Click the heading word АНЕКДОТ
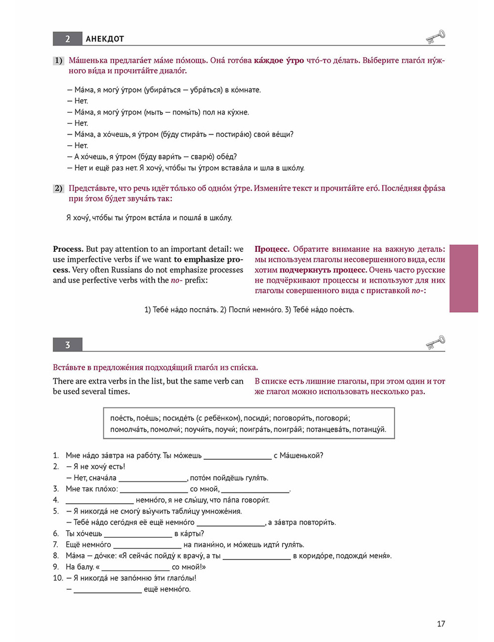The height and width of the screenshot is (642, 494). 105,39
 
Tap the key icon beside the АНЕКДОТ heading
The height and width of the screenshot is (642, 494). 435,37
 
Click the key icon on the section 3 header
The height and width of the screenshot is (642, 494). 435,342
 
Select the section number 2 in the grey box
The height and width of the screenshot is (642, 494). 68,39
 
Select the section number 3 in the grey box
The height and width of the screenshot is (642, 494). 68,345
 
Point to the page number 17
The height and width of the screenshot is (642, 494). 441,624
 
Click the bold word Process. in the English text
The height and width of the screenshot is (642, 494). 68,249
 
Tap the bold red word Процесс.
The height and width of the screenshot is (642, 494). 272,249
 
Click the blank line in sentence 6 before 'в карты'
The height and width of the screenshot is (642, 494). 138,534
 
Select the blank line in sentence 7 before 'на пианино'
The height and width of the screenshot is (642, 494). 147,545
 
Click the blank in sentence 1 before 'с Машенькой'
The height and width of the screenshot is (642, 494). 238,456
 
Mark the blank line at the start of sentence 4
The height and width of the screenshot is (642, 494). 99,500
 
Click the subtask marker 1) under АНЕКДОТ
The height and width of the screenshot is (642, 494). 58,61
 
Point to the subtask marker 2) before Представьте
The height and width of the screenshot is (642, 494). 58,188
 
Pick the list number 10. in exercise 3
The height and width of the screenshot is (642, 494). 58,578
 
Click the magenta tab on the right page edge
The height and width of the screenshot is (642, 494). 463,279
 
